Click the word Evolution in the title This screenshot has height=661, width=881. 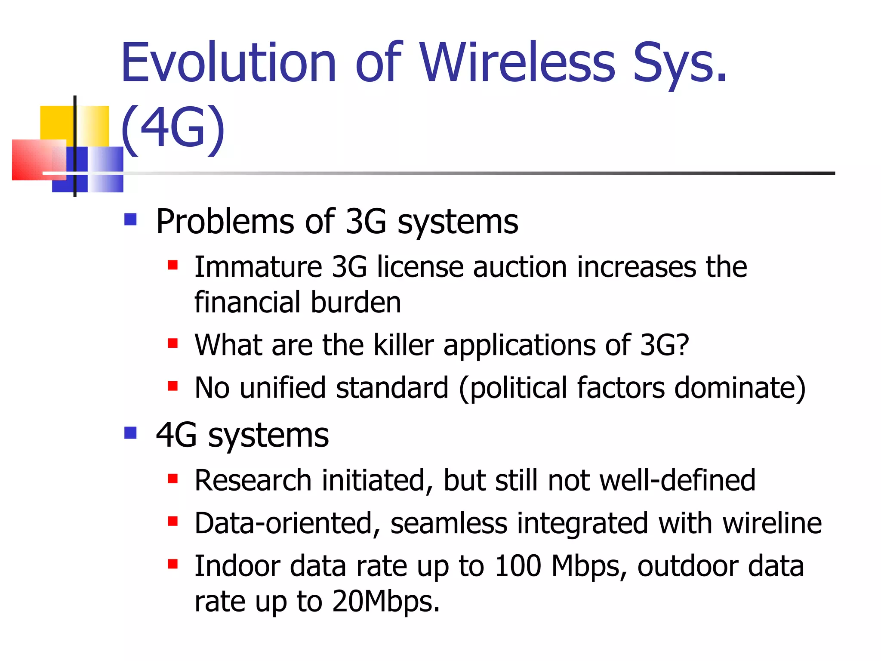[x=228, y=62]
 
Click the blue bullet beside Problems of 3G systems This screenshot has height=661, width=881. [x=130, y=219]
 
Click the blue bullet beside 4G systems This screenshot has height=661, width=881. [x=130, y=432]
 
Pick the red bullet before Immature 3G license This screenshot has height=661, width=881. [x=173, y=264]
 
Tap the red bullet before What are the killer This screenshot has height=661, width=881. [x=173, y=343]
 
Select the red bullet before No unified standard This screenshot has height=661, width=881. [x=173, y=386]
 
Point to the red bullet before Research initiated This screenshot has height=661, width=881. [x=173, y=479]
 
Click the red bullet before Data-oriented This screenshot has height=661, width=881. [x=173, y=521]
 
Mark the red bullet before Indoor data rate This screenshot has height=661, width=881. [x=173, y=564]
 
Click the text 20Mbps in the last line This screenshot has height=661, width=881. [x=385, y=602]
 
